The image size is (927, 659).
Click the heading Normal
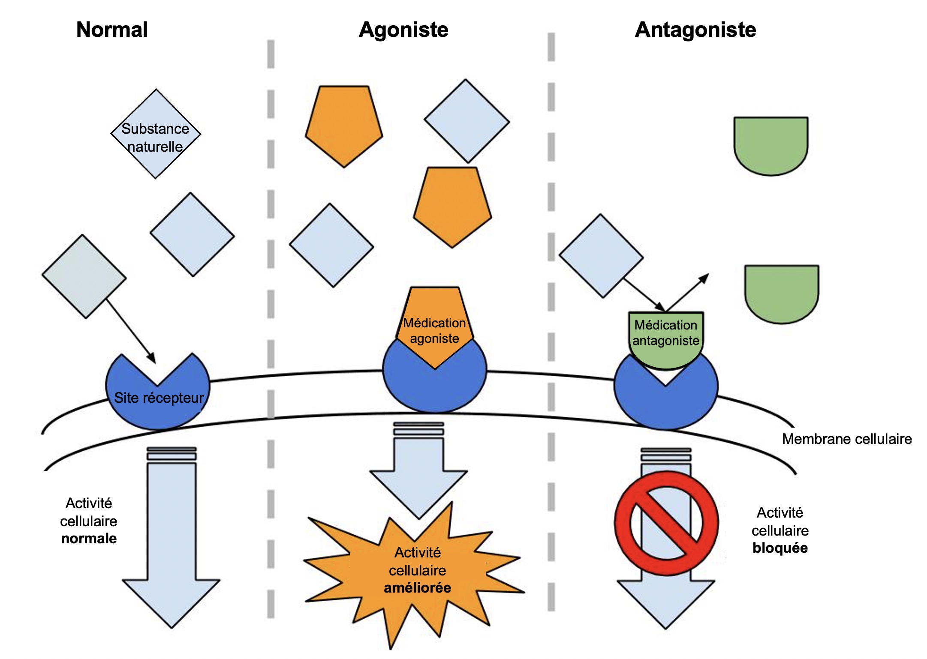[x=112, y=30]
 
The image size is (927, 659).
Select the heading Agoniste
[x=403, y=30]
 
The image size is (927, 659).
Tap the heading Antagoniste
[x=695, y=30]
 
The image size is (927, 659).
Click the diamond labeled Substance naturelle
[x=156, y=134]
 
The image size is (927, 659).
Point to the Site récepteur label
[x=159, y=398]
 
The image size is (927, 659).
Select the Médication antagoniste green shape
[x=665, y=338]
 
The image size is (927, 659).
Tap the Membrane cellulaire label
[x=847, y=439]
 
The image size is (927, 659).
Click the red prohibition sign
[x=666, y=523]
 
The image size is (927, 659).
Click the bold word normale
[x=89, y=539]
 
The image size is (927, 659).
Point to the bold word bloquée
[x=780, y=548]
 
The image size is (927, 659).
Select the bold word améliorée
[x=417, y=588]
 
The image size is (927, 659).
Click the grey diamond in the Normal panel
[x=84, y=277]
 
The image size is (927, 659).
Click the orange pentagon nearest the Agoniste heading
[x=344, y=124]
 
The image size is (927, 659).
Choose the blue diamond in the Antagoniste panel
[x=601, y=256]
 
